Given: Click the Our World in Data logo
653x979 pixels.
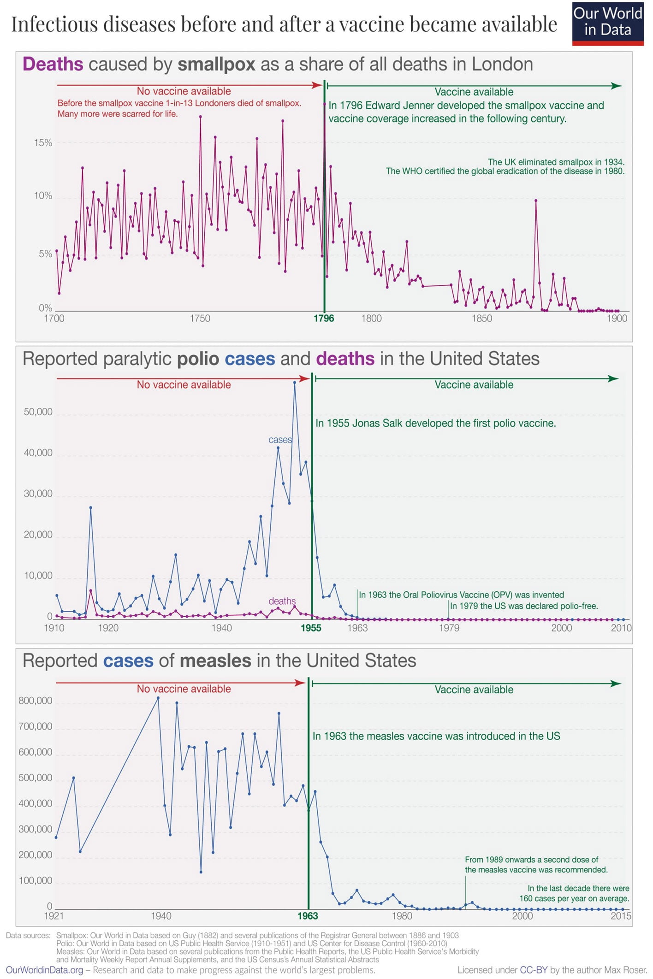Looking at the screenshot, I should pos(607,23).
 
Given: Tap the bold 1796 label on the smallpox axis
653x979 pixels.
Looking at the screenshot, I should pos(324,318).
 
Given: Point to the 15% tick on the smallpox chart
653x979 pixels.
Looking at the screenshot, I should pos(43,143).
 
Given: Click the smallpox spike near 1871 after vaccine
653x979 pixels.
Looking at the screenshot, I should pos(535,201).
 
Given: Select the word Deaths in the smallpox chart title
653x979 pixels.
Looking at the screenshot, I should pos(53,64).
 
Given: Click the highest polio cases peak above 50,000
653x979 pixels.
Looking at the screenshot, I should pos(295,382).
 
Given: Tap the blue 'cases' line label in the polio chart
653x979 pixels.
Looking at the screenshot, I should pos(280,440).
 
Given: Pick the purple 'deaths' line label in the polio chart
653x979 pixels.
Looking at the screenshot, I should pos(282,601).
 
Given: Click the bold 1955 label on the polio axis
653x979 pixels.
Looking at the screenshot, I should pos(311,628).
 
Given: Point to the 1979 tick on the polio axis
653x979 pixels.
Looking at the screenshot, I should pos(449,628).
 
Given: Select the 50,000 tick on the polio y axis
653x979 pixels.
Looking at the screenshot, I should pos(38,412).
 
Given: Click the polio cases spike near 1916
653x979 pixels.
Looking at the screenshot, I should pos(91,507).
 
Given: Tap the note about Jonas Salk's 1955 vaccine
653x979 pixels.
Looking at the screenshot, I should pos(435,423).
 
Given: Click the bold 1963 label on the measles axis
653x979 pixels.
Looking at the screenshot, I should pos(308,915).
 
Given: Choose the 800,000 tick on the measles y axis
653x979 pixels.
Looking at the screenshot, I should pos(36,701).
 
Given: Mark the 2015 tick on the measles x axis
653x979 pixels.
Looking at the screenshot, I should pos(621,915).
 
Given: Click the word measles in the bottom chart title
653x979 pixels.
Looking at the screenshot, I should pos(215,661).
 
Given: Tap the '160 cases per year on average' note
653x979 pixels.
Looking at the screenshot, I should pos(574,898).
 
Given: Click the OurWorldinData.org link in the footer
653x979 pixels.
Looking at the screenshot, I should pos(45,970).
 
